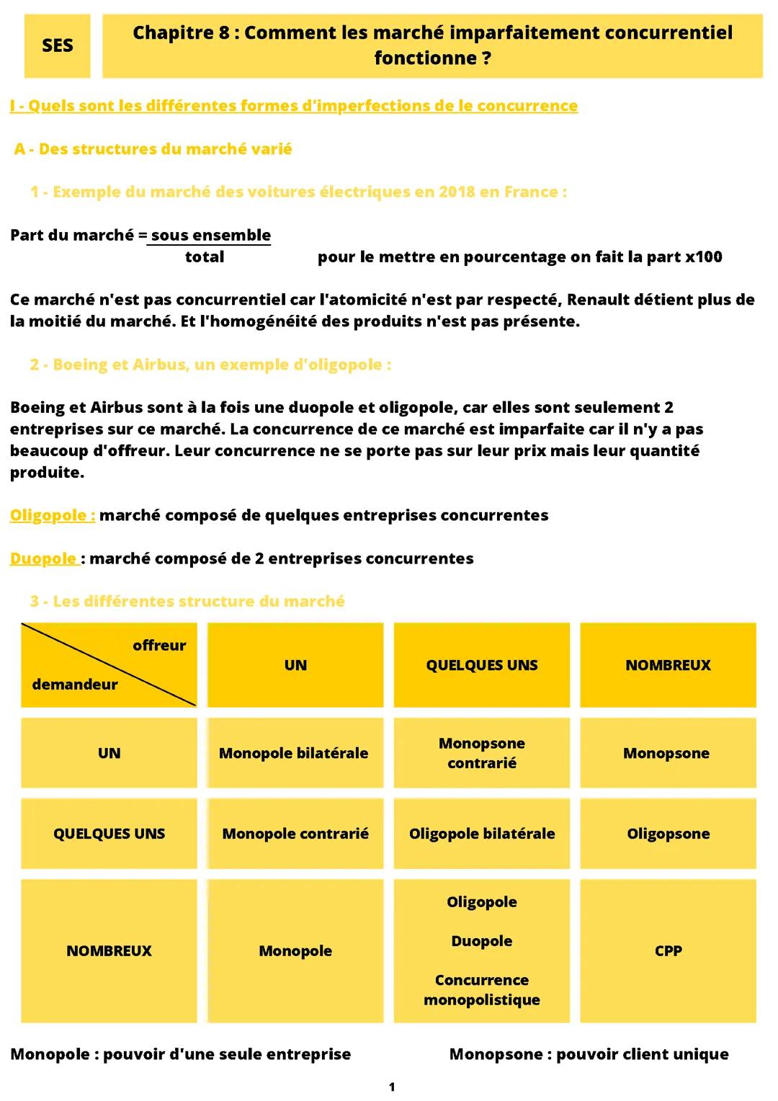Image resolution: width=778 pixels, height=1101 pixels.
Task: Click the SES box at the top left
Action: [x=57, y=45]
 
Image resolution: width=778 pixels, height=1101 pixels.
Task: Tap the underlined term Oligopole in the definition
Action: [x=52, y=515]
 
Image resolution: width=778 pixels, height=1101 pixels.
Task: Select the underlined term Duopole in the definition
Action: [x=43, y=558]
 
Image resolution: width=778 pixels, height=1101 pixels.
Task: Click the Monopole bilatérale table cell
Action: [x=293, y=753]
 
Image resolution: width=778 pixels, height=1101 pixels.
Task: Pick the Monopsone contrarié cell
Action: [x=481, y=753]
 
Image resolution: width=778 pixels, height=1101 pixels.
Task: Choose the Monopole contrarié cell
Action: [x=295, y=834]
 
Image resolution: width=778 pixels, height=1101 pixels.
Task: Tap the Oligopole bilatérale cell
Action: [x=481, y=834]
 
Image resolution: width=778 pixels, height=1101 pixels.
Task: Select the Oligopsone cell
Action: [x=668, y=834]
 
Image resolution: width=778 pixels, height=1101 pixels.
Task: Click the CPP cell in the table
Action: [x=668, y=950]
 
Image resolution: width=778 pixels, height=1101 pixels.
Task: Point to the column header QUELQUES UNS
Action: [x=481, y=665]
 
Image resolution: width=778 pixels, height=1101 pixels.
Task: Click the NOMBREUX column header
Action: [x=668, y=665]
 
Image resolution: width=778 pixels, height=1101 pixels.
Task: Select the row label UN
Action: [x=109, y=753]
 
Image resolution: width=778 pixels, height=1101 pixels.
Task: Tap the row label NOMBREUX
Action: [x=109, y=950]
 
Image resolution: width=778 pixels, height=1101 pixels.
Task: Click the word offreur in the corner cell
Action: [x=159, y=646]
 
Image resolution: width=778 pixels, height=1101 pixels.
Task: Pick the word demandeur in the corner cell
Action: [x=74, y=685]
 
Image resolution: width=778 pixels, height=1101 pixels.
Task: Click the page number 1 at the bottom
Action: [x=391, y=1087]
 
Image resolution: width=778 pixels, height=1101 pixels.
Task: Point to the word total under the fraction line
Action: [x=205, y=257]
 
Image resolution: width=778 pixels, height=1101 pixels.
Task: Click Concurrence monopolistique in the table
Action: [x=481, y=989]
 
